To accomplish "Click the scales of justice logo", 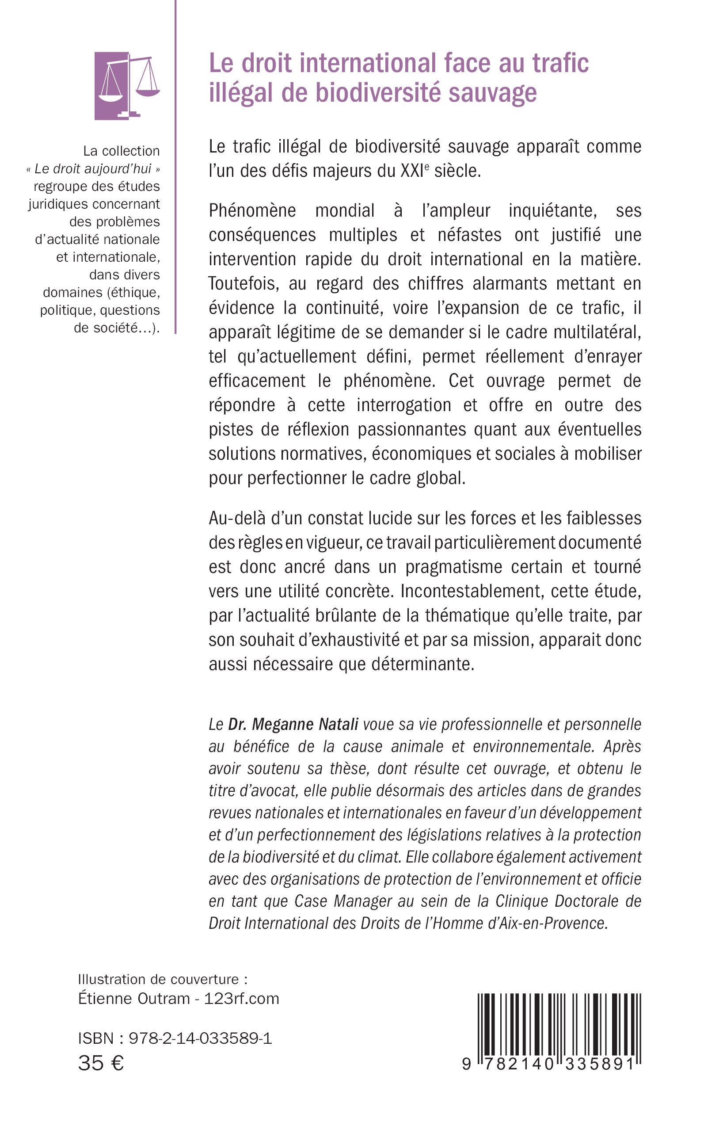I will coord(127,86).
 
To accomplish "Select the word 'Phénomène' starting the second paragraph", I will coord(252,211).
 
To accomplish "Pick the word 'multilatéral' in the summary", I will coord(597,332).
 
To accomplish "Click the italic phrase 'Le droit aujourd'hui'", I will coord(93,169).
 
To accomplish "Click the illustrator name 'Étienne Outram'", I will coord(134,999).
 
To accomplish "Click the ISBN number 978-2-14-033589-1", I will coord(200,1038).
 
